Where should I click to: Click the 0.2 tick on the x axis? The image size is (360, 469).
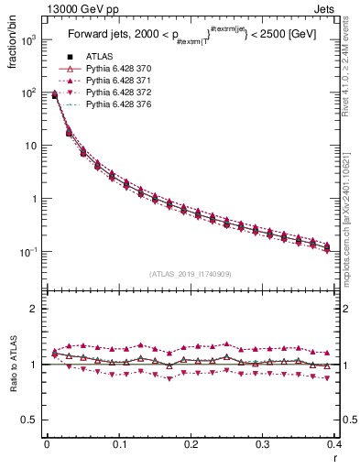[x=191, y=445]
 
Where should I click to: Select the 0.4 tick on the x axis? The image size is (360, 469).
[x=335, y=445]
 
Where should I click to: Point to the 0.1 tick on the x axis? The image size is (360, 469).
[x=119, y=445]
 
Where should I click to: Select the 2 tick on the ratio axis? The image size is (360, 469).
[x=37, y=309]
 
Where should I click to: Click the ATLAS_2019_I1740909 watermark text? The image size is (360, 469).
[x=191, y=274]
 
